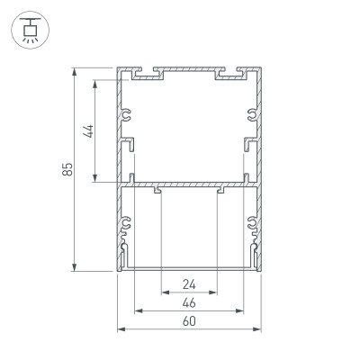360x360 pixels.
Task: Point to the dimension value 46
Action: [189, 304]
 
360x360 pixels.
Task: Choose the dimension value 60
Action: [189, 321]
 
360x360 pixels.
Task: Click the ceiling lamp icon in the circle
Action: [30, 29]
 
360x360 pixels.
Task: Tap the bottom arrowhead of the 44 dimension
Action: [94, 180]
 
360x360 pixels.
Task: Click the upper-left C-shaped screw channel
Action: [127, 114]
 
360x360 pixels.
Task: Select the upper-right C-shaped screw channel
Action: [251, 114]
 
